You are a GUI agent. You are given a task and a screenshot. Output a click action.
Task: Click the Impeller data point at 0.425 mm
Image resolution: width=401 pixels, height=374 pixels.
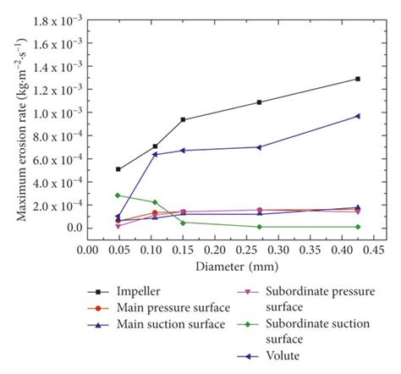coord(357,79)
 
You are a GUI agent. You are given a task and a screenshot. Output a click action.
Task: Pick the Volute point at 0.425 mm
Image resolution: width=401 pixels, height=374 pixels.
coord(357,116)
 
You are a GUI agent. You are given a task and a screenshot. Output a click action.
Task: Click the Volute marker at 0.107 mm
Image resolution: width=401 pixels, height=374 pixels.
coord(155,154)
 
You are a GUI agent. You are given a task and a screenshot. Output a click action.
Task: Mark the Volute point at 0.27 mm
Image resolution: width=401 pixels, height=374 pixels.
coord(259,147)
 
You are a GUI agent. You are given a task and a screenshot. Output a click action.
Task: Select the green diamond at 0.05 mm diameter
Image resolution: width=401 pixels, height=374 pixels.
coord(118,195)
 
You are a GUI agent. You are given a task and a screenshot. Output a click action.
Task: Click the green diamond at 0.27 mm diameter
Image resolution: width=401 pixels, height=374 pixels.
coord(259,227)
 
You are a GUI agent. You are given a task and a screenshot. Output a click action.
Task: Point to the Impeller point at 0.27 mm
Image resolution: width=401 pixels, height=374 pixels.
coord(259,102)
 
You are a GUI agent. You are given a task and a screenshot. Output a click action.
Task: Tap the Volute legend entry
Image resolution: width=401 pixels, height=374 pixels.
coord(287,355)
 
